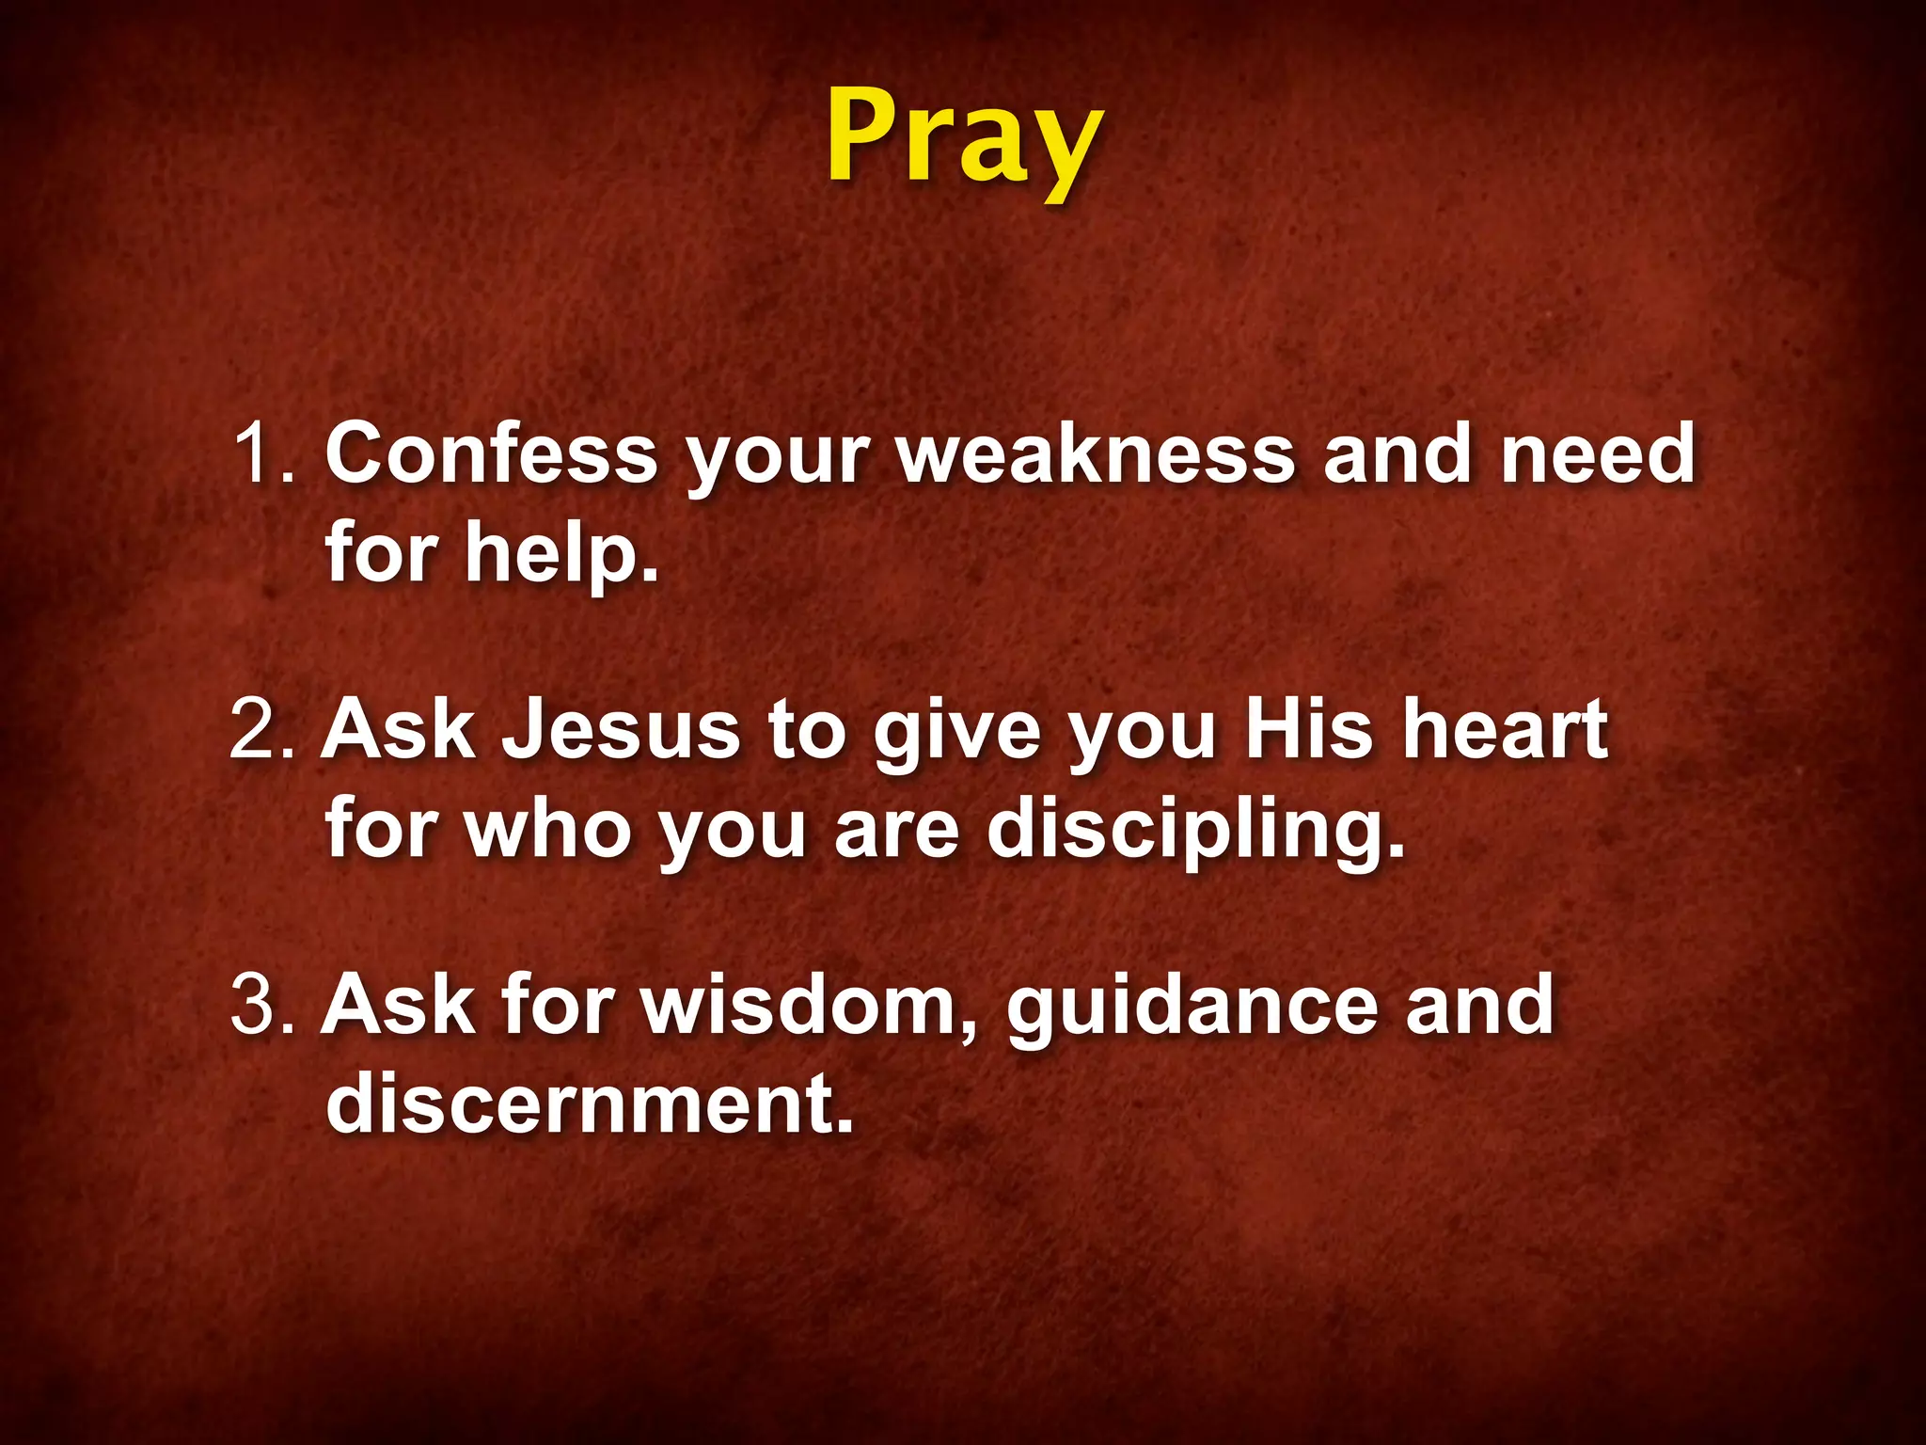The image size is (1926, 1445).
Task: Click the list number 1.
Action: [264, 453]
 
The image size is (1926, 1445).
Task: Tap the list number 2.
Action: [262, 729]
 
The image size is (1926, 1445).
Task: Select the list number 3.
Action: [262, 1006]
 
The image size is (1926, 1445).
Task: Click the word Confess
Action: [491, 453]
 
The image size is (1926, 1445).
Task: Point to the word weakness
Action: [1097, 453]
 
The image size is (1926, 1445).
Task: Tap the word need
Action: [1598, 453]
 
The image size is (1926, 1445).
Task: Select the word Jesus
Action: [621, 729]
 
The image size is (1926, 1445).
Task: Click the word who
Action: [547, 828]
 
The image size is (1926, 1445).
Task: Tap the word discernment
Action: [590, 1103]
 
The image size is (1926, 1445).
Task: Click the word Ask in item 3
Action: [399, 1006]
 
